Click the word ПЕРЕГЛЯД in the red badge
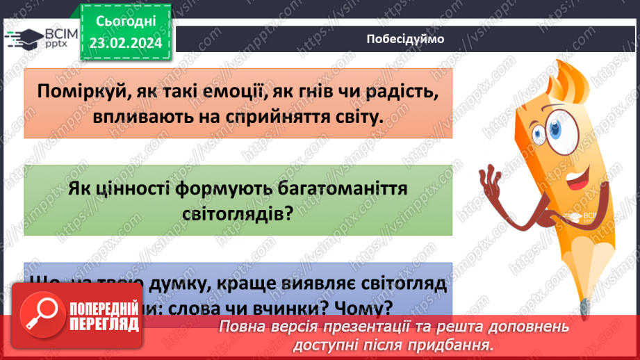[x=104, y=323]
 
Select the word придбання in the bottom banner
[x=459, y=345]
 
